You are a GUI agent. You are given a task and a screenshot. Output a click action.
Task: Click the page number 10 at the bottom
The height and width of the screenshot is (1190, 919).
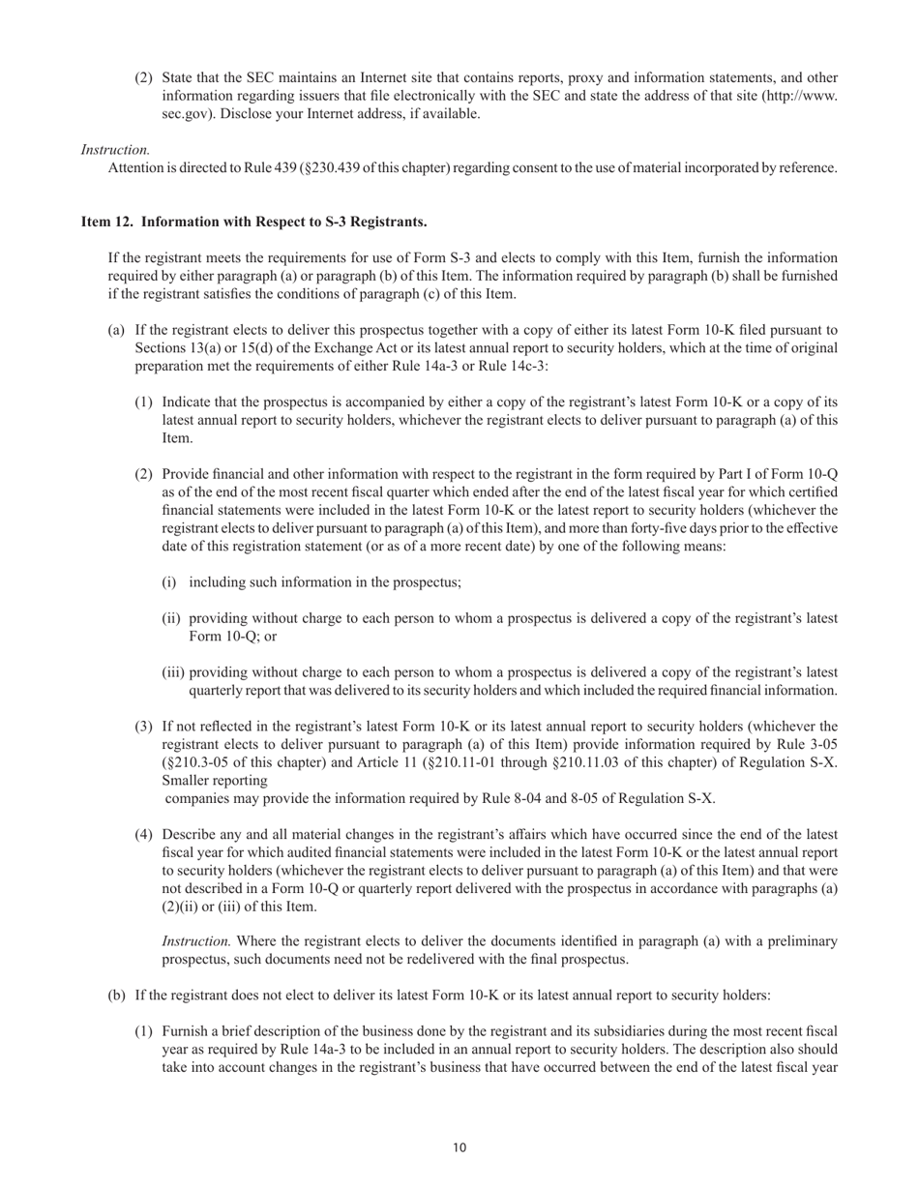[459, 1147]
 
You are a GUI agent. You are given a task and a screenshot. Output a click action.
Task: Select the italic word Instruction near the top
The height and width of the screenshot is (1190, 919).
[115, 150]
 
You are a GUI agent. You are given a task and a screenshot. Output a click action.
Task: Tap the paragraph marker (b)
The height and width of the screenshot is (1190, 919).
[115, 995]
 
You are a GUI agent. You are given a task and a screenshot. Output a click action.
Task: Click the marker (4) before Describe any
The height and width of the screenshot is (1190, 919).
[143, 834]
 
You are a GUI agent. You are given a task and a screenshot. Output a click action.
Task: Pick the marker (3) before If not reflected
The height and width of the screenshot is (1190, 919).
[143, 727]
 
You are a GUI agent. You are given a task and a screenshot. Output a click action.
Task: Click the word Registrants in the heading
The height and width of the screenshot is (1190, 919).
[391, 222]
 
